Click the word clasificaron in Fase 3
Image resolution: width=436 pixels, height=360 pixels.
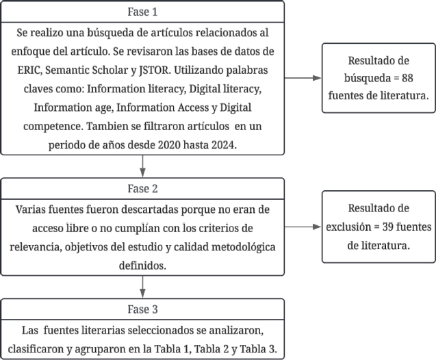click(50, 350)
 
